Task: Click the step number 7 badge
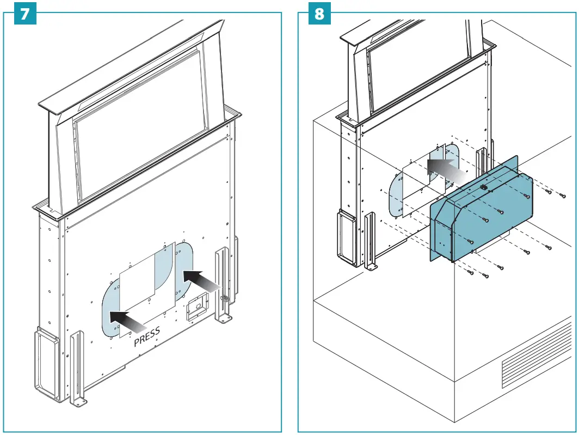point(24,14)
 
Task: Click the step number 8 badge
point(319,14)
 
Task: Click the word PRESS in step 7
point(147,336)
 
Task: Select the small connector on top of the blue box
point(483,187)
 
